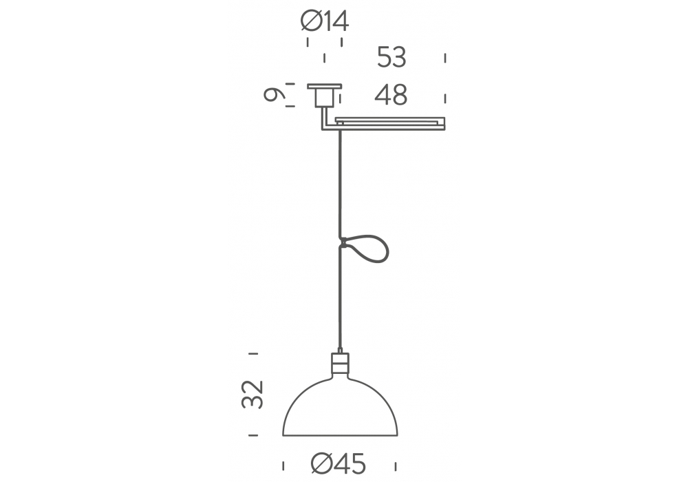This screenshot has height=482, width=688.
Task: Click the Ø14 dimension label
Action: (x=325, y=21)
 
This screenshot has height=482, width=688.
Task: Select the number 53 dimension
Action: (x=392, y=57)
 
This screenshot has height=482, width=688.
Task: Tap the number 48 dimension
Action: (x=391, y=95)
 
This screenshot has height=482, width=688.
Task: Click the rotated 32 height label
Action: (x=252, y=395)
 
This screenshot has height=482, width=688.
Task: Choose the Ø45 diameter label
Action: (x=338, y=463)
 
